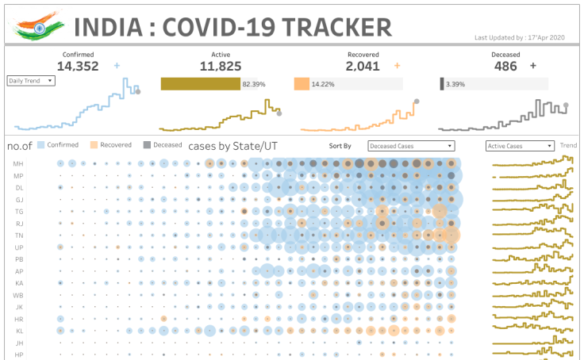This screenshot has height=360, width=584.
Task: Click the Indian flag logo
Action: tap(36, 25)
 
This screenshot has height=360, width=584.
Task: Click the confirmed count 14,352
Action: tap(78, 67)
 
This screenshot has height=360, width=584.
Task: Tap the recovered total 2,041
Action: tap(363, 67)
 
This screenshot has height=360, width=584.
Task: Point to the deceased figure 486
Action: tap(505, 67)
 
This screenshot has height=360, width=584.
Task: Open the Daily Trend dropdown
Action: tap(31, 80)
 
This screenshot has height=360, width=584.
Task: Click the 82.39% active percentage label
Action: tap(254, 84)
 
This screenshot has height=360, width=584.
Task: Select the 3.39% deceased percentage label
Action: tap(455, 84)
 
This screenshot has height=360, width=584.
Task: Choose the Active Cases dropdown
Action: tap(520, 146)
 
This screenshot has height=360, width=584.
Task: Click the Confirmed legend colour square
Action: tap(40, 145)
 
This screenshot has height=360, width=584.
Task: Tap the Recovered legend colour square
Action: tap(94, 145)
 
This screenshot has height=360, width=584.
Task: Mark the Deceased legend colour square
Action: tap(147, 145)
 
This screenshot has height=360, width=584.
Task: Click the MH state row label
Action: tap(17, 163)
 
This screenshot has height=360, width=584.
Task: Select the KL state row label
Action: tap(17, 331)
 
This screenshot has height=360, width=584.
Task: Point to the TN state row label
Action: tap(17, 236)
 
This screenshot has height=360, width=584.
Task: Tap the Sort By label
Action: tap(340, 146)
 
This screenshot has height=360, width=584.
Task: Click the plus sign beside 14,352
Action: tap(117, 66)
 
